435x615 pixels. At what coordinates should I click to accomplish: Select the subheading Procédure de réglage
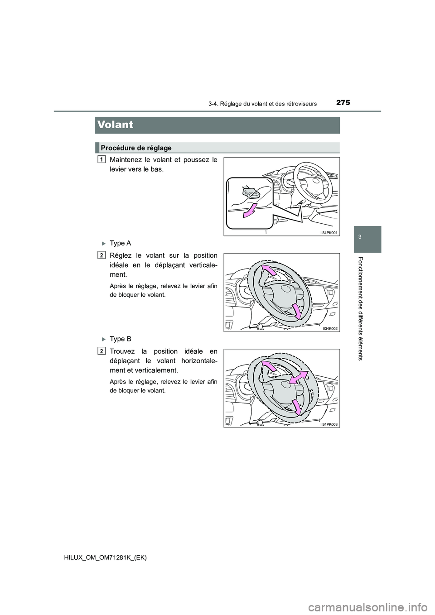click(x=136, y=148)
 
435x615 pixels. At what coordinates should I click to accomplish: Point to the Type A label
click(x=120, y=243)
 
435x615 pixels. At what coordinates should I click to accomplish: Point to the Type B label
click(x=120, y=339)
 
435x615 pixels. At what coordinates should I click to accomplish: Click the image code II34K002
click(x=330, y=328)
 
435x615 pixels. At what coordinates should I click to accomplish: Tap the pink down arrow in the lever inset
click(x=249, y=211)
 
